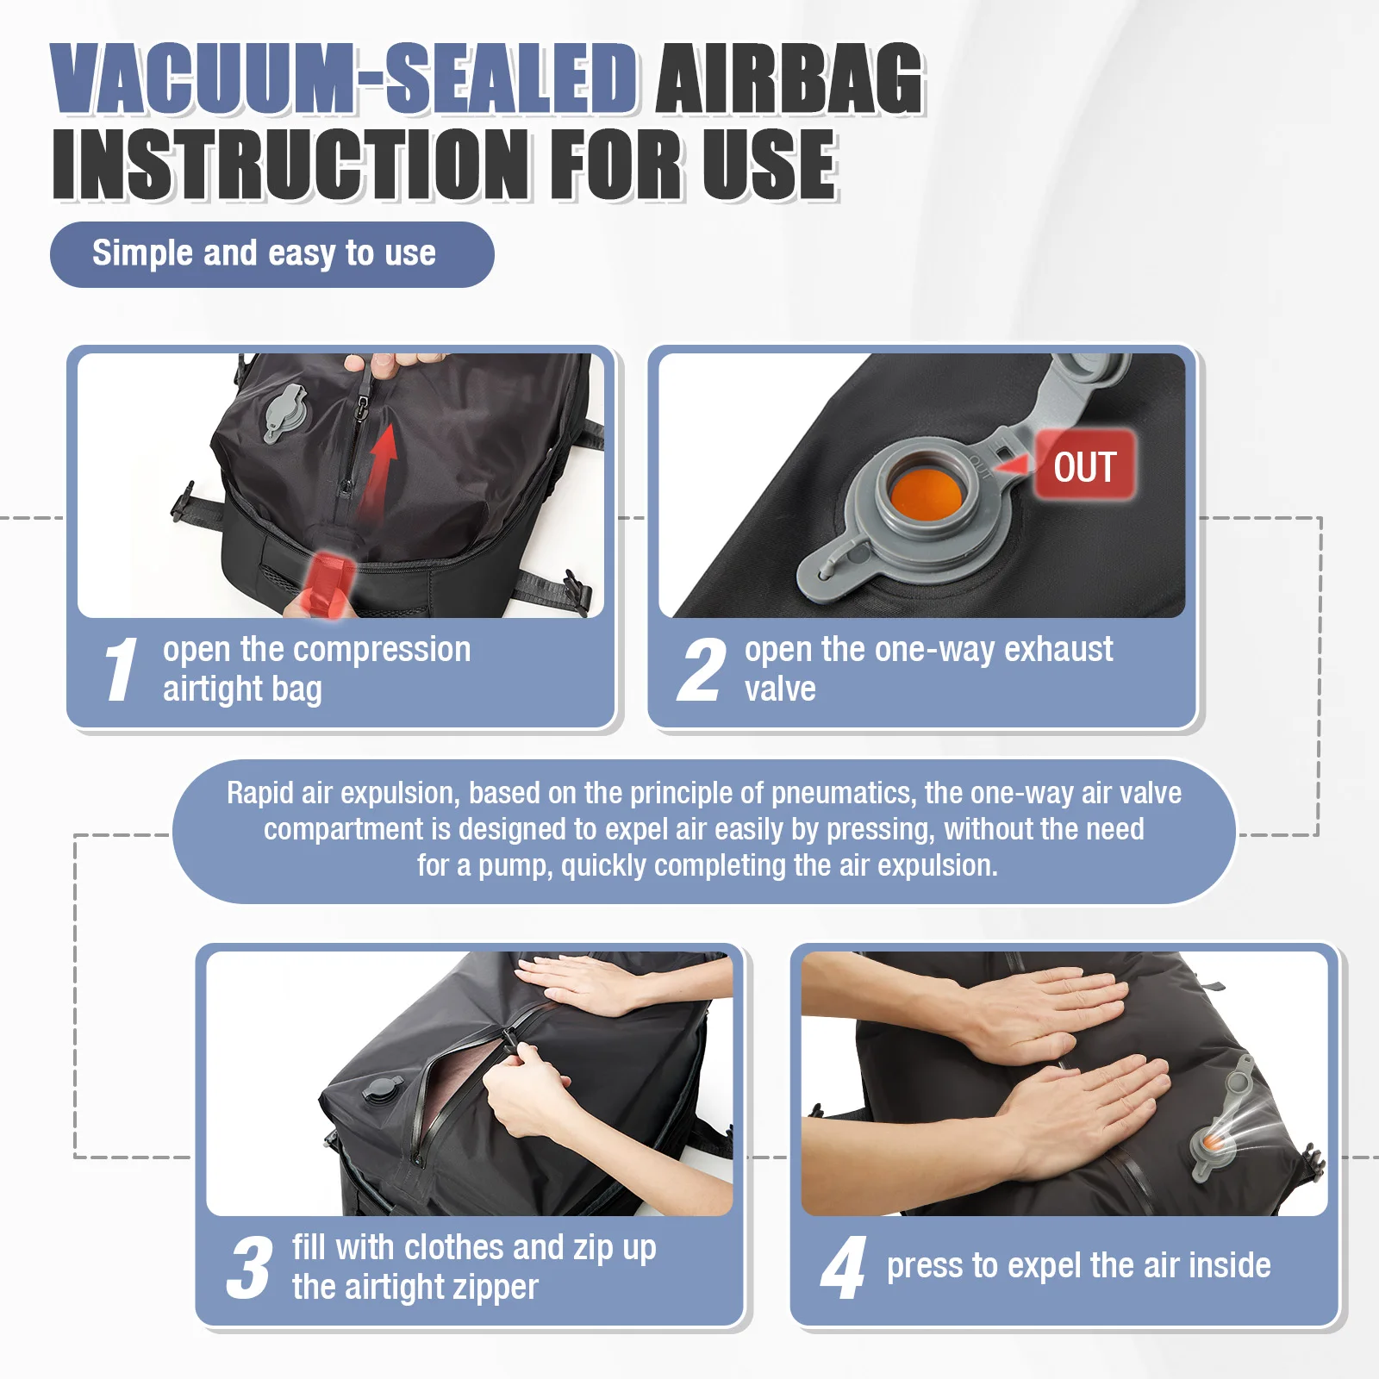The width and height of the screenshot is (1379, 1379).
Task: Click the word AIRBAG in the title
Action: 789,79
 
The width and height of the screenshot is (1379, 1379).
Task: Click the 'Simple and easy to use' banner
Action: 271,254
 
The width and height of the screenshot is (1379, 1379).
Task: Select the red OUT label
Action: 1084,466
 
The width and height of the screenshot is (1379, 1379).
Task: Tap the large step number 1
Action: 120,670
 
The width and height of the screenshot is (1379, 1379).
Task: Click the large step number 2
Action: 701,670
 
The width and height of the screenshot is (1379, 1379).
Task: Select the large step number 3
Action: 249,1267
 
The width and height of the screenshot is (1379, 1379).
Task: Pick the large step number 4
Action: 843,1267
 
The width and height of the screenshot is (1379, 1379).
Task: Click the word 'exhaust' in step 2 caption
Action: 1058,649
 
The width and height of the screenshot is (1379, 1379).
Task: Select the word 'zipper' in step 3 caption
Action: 494,1288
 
